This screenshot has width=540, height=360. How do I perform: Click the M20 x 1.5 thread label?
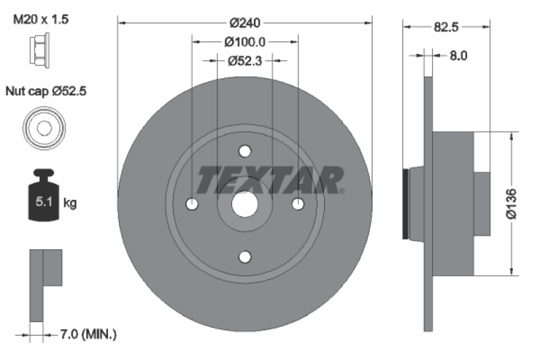[x=41, y=20]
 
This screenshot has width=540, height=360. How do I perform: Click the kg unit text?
[x=70, y=202]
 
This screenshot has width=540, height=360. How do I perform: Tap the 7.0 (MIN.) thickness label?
[x=88, y=334]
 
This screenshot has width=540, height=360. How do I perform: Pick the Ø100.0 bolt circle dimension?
[x=245, y=42]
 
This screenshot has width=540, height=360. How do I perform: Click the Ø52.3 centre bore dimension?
[x=245, y=61]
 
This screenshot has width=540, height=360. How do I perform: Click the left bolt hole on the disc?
[x=192, y=203]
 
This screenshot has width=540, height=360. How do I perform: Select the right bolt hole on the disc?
[x=298, y=203]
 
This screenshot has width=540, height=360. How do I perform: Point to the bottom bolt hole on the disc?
[x=245, y=256]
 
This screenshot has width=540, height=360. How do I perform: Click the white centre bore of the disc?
[x=245, y=203]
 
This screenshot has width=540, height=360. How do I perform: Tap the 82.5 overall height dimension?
[x=446, y=28]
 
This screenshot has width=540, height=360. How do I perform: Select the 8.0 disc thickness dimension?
[x=459, y=56]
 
